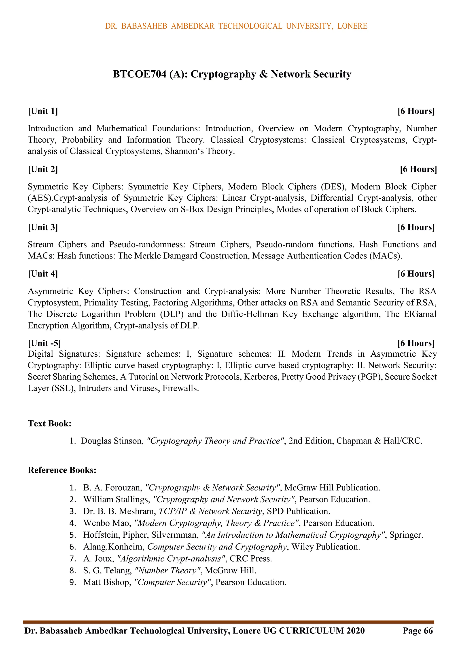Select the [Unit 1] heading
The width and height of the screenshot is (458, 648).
[x=43, y=111]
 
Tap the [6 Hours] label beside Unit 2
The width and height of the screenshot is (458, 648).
[x=418, y=169]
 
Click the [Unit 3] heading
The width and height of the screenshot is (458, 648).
[x=43, y=227]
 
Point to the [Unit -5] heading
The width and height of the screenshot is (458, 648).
[x=44, y=343]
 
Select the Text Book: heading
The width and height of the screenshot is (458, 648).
[x=50, y=423]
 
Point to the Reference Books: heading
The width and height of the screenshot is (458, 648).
[x=62, y=470]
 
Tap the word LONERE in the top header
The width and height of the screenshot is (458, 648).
[x=352, y=26]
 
